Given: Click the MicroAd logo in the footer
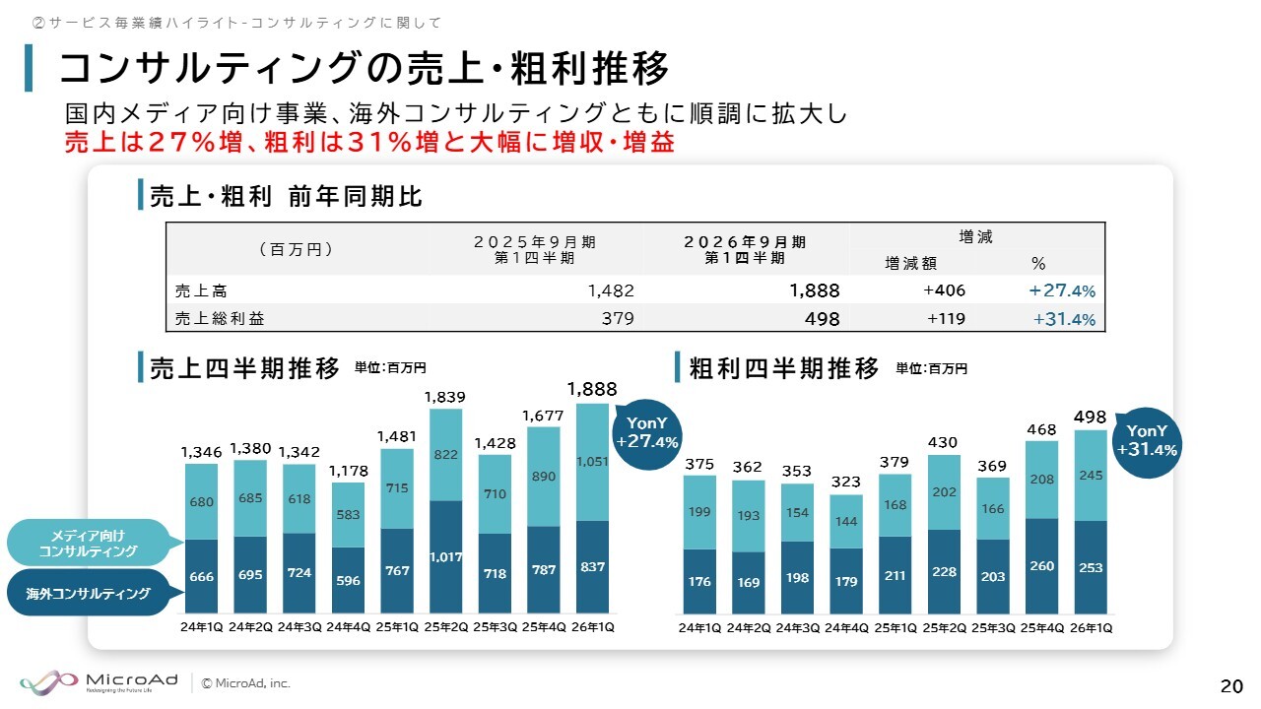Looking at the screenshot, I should (x=99, y=681).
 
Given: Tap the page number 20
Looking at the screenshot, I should (x=1230, y=686).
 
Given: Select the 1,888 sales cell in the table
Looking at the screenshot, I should (x=814, y=290).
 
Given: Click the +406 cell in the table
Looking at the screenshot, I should (x=944, y=290).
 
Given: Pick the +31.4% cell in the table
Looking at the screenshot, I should (x=1064, y=319).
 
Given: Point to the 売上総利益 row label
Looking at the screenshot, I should (x=220, y=319).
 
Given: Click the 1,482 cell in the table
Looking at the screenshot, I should (x=610, y=290).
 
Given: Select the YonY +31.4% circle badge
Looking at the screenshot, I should (x=1146, y=440).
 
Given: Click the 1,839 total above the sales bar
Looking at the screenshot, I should (x=445, y=397).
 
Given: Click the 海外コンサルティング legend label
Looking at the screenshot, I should (x=88, y=593).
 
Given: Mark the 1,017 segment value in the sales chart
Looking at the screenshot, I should (x=445, y=557).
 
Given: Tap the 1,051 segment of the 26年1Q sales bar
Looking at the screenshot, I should (x=592, y=462).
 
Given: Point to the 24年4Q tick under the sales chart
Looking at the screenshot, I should (x=348, y=627).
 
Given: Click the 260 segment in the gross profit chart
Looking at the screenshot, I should (x=1041, y=566).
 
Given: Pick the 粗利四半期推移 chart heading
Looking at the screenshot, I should (x=784, y=369).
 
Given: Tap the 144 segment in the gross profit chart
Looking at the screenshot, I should (x=846, y=521).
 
